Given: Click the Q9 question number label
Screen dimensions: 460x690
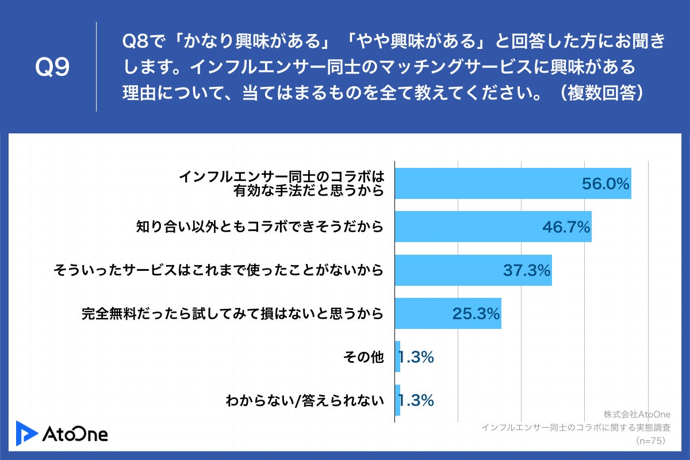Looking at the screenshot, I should click(52, 68).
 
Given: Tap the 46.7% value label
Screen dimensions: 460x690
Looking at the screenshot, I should click(566, 227).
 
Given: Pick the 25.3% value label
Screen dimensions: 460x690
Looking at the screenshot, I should click(475, 314).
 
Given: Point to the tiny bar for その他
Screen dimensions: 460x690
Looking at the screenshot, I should click(398, 356).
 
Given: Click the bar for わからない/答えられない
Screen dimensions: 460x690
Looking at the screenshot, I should click(398, 400).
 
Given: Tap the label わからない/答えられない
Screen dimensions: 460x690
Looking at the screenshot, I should click(304, 401).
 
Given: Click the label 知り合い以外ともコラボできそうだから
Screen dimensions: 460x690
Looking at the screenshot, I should click(259, 227).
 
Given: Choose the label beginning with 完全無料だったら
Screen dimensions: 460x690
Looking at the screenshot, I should click(232, 314).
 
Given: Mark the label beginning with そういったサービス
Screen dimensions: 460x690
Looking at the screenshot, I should click(218, 270).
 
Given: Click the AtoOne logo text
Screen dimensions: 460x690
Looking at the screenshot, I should click(75, 434).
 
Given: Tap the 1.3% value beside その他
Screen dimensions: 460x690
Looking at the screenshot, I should click(416, 357).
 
